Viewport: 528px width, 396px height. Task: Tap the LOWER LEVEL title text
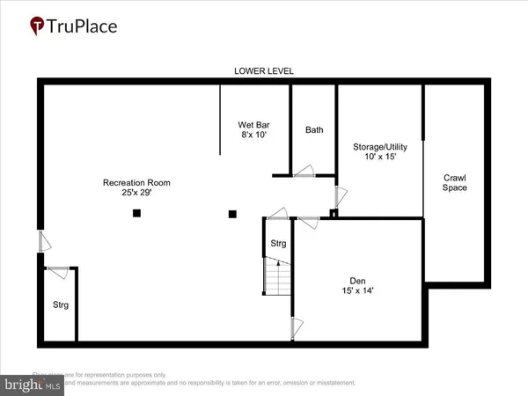coord(263,70)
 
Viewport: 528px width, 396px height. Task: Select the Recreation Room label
coord(136,183)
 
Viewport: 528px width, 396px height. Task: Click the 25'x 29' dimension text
coord(136,193)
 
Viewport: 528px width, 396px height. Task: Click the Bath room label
coord(314,130)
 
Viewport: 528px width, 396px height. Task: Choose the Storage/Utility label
coord(378,147)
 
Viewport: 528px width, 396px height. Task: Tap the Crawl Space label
coord(455,182)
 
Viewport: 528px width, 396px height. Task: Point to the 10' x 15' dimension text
coord(378,158)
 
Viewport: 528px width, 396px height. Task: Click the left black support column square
coord(136,213)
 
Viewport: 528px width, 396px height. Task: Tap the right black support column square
coord(232,213)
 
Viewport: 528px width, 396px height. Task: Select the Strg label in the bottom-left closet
coord(60,305)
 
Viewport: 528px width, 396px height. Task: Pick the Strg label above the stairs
coord(277,243)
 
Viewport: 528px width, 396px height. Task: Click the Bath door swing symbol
coord(304,171)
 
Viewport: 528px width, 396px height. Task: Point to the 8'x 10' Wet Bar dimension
coord(253,136)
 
